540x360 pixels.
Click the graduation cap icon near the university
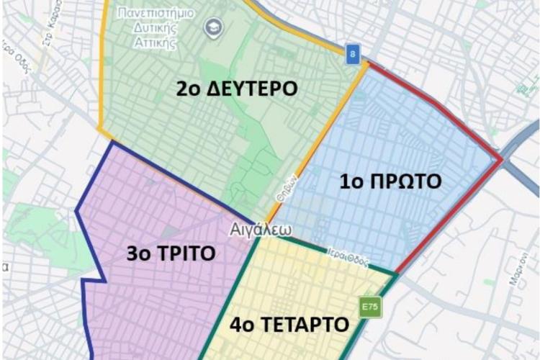click(214, 28)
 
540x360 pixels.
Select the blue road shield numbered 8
click(351, 54)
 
